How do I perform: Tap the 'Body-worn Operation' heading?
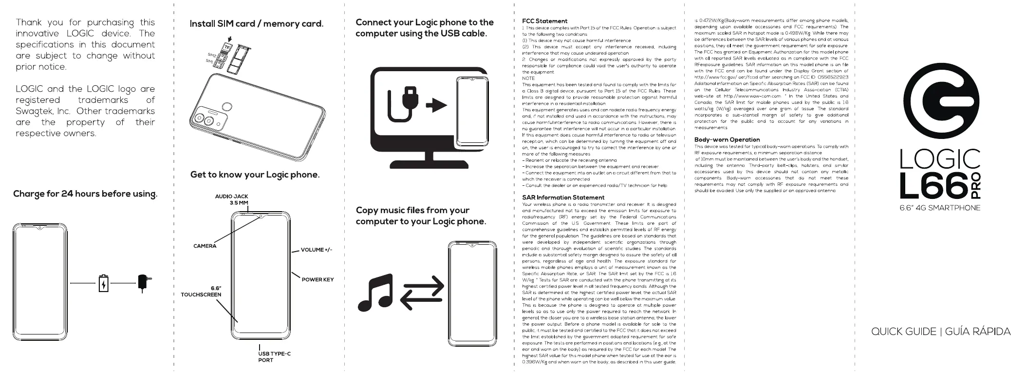[x=727, y=139]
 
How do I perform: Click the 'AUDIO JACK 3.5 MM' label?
[x=232, y=199]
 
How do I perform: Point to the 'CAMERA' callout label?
[x=205, y=246]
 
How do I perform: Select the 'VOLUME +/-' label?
[x=317, y=250]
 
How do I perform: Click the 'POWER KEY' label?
[x=317, y=280]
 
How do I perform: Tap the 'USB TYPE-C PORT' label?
[x=274, y=357]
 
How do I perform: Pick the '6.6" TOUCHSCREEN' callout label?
[x=201, y=292]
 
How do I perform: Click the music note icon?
[x=375, y=293]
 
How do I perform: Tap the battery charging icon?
[x=103, y=283]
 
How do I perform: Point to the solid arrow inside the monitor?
[x=436, y=105]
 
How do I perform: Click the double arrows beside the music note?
[x=422, y=294]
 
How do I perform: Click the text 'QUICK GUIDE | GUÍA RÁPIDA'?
[x=940, y=332]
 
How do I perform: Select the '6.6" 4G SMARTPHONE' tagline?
[x=939, y=208]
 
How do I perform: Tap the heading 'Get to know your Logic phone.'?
[x=255, y=175]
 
